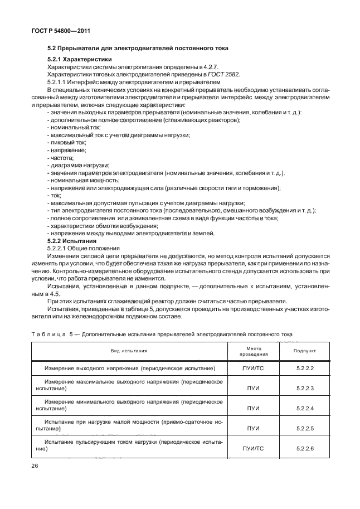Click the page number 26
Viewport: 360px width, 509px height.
[x=35, y=463]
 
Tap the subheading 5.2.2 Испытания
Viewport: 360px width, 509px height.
[x=72, y=240]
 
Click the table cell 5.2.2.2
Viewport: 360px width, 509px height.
[x=305, y=369]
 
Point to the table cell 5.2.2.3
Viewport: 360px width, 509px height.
[x=305, y=389]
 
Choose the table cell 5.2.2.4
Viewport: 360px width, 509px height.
[x=305, y=409]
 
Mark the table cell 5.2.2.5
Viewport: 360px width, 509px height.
[x=305, y=429]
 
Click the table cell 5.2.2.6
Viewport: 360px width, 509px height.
[x=305, y=449]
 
